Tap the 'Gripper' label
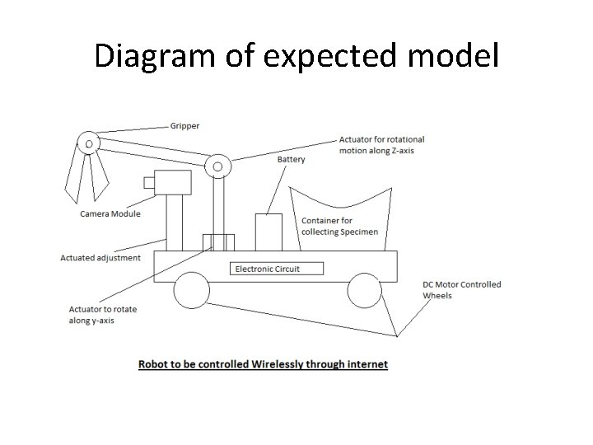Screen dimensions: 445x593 184,126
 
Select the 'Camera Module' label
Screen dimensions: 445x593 110,214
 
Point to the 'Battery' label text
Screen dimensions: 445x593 291,159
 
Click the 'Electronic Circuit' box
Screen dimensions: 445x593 277,269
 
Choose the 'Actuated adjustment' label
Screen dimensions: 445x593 100,258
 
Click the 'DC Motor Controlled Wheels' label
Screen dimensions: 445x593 461,290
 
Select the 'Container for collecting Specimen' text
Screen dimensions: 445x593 339,226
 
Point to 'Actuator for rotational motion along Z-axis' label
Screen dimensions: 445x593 381,145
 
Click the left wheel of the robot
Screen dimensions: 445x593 190,289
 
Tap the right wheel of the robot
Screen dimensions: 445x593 363,289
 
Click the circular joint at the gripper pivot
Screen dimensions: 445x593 88,143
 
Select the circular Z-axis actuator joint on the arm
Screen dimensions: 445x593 217,166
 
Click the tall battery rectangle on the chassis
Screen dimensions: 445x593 268,232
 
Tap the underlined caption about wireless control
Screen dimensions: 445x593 263,363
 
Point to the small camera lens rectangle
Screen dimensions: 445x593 148,182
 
